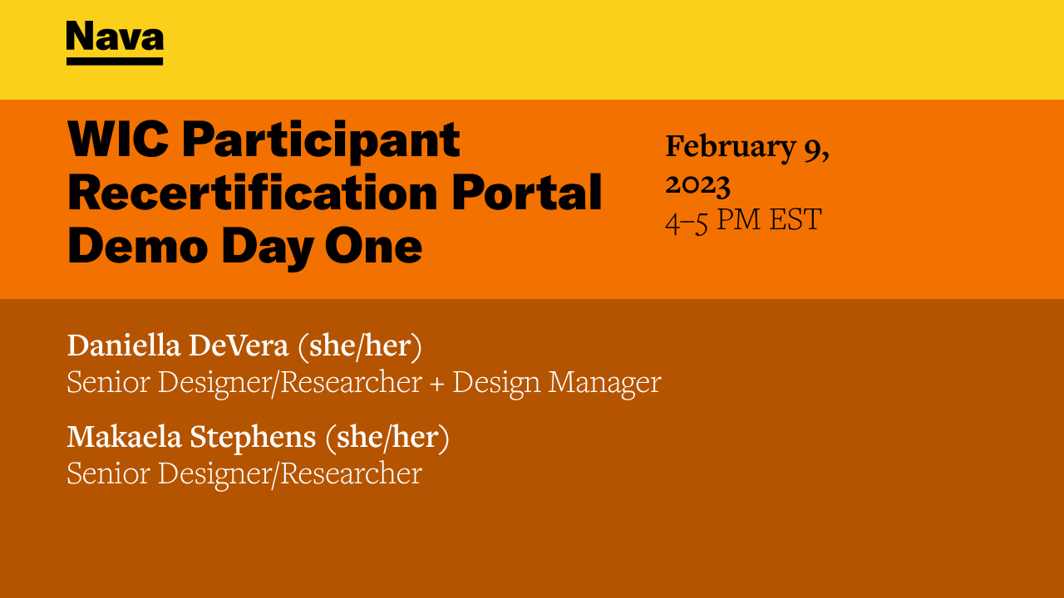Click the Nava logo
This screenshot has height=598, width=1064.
(115, 38)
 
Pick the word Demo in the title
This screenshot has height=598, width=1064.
(124, 246)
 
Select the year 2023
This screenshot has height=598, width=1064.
(697, 184)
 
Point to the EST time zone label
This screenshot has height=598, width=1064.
(794, 220)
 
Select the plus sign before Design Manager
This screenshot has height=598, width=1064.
(437, 383)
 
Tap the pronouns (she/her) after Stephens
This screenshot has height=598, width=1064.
(387, 438)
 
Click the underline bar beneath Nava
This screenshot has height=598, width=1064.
(115, 61)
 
